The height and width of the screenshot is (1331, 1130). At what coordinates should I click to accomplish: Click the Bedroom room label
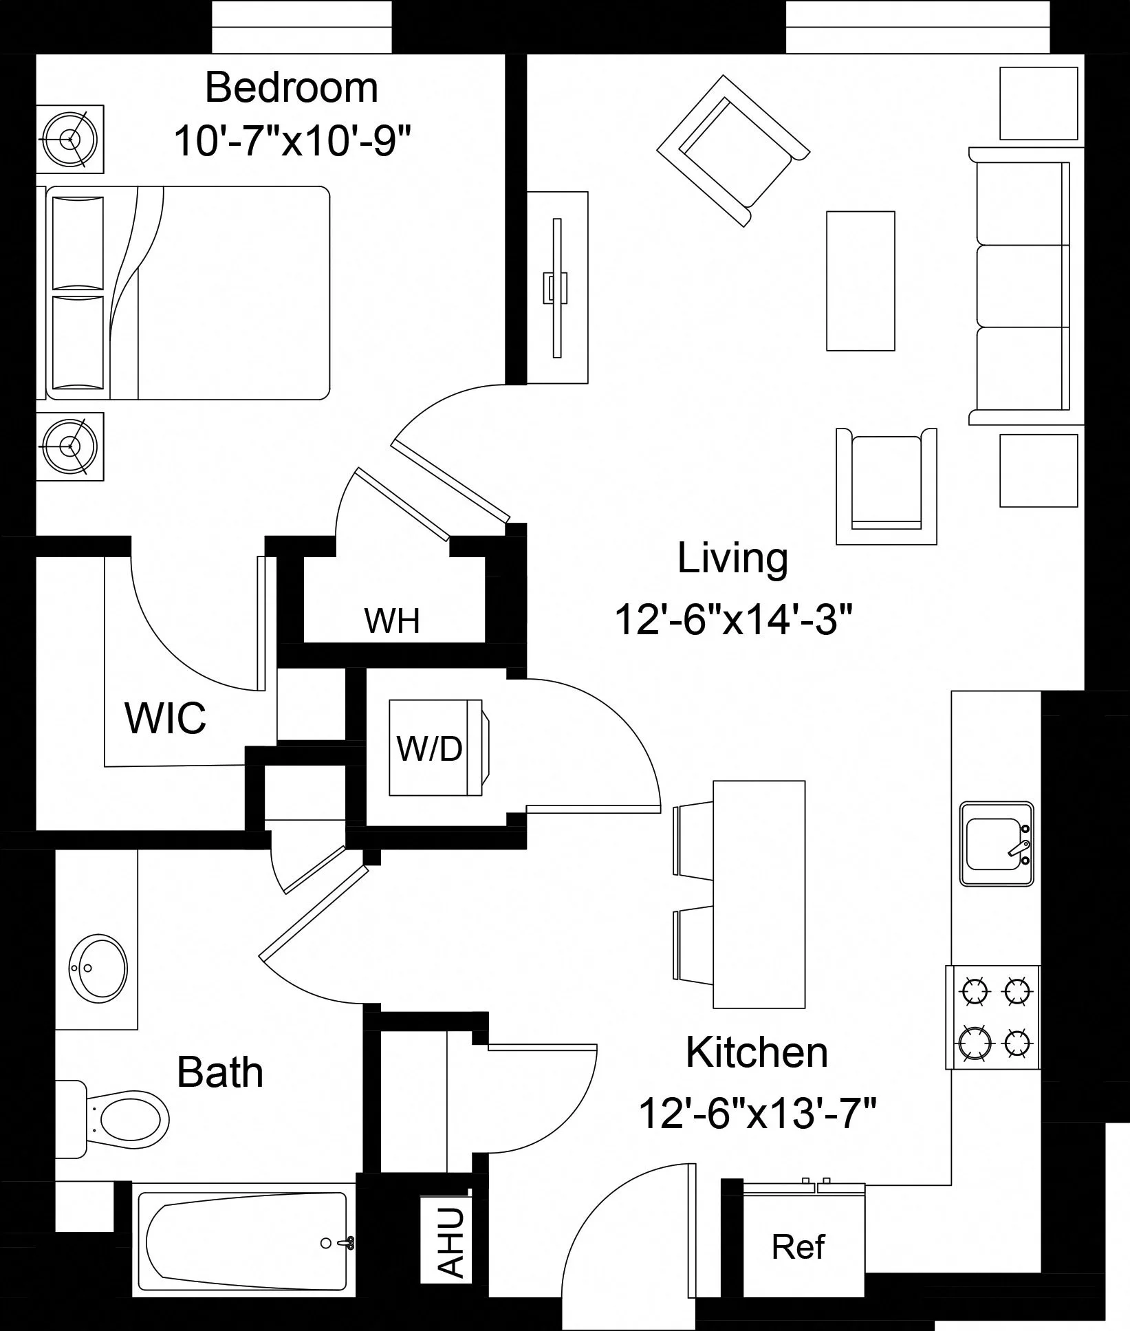pos(292,88)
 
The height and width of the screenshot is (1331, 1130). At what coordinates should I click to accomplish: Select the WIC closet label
pos(166,718)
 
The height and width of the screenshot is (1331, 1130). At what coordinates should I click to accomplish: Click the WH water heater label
pos(391,620)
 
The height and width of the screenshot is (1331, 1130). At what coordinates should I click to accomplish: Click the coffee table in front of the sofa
pos(860,281)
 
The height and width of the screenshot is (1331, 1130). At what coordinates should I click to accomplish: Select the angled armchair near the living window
pos(732,149)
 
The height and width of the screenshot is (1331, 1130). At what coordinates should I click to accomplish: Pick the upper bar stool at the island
pos(694,840)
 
